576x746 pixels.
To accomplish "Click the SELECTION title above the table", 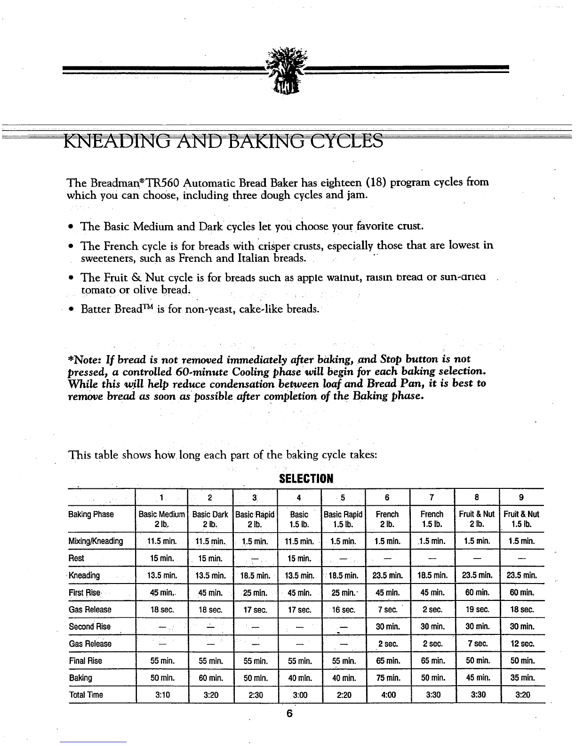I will point(306,479).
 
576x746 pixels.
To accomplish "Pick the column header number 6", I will point(387,497).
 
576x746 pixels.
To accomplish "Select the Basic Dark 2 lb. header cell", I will point(210,519).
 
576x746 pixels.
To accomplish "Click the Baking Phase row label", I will point(91,514).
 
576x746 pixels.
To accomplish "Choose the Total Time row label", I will point(86,695).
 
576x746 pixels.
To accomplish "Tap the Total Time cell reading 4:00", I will point(387,695).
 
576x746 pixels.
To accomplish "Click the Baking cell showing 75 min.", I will point(387,678).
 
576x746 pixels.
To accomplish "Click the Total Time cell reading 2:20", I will point(344,695).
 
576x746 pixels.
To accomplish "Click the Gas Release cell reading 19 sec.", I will point(477,609).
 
